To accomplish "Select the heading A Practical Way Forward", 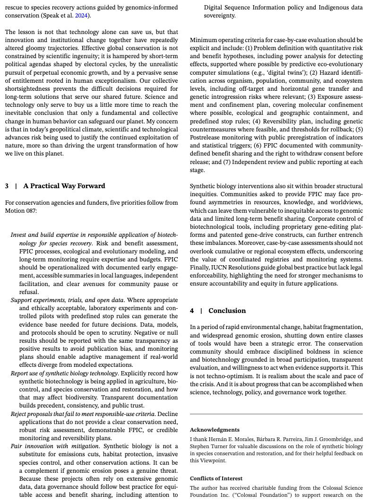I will pos(64,186).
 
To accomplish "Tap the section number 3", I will pos(7,186).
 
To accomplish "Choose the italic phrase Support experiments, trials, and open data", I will pos(67,300).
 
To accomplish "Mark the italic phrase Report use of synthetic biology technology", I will pos(65,373).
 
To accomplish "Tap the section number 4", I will pos(192,311).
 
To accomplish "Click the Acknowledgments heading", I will pos(215,430).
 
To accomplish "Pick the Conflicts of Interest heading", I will pos(216,478).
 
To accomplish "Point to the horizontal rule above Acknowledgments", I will pos(276,414).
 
